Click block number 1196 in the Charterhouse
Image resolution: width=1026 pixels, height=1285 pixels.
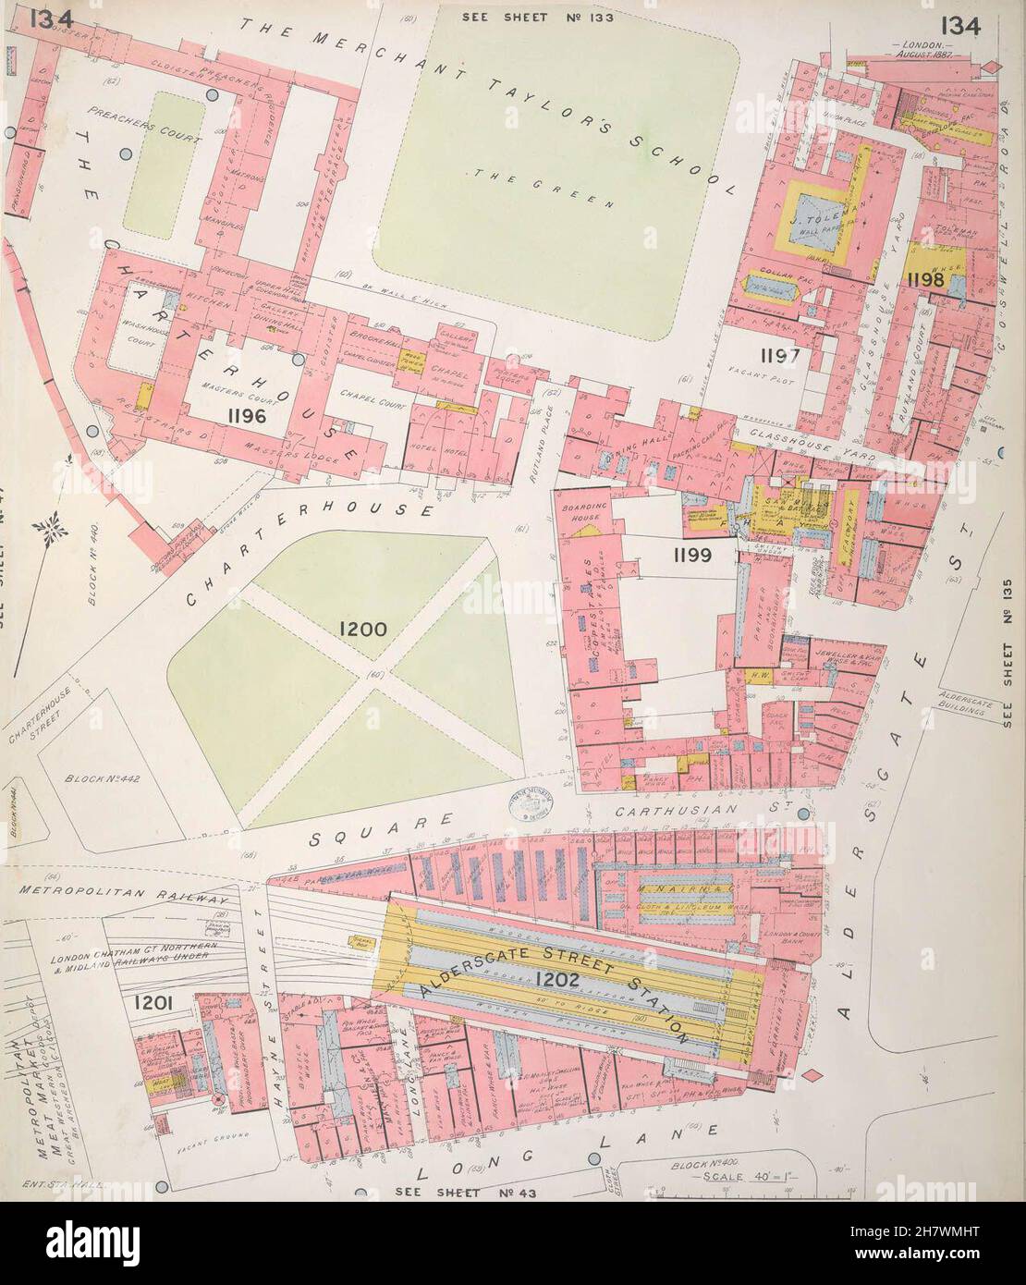(245, 416)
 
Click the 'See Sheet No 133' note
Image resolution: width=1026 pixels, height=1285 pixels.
(537, 18)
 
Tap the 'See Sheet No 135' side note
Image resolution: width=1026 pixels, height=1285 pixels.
(1008, 647)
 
